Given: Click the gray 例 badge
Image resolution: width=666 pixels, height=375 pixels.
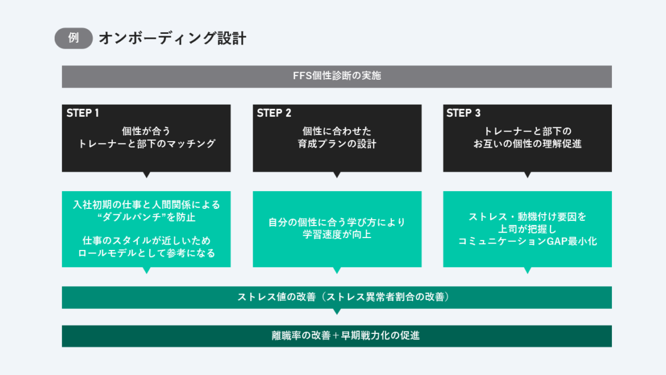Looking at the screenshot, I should point(74,38).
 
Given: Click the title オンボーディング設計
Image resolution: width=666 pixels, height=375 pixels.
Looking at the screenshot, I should point(172,38).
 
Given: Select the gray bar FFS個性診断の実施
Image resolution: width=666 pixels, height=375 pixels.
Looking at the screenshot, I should point(337,76).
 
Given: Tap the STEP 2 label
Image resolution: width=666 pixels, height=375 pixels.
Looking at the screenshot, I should point(274,113).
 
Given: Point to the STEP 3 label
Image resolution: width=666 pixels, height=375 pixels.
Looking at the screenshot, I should point(463,113).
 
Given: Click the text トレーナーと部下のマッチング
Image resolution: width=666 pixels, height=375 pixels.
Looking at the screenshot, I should point(146,143).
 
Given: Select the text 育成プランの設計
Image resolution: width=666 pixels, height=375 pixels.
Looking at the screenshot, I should point(337,143).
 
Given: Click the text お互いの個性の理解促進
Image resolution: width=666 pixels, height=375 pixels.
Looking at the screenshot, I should point(527,143).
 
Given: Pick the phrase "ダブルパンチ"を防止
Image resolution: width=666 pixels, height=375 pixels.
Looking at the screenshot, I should point(146,217).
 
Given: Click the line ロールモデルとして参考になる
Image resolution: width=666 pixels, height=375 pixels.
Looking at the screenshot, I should point(146,252).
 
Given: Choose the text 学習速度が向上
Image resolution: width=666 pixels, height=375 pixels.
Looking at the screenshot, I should point(337,234).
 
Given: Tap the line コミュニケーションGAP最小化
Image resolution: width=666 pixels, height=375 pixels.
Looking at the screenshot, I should point(527,241).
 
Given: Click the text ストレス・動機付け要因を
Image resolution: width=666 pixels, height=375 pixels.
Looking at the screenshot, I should point(527,216).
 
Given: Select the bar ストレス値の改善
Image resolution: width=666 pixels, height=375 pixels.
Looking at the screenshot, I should point(337,297).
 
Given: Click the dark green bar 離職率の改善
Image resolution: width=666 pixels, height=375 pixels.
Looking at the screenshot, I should point(337,336).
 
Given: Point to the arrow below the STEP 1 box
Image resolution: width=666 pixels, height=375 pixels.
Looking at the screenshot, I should point(146,175).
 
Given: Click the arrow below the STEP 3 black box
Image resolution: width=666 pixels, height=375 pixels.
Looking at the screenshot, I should point(527,175).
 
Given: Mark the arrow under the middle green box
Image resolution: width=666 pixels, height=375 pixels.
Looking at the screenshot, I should point(337,270).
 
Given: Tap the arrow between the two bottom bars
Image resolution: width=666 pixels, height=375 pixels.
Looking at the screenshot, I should point(337,311).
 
